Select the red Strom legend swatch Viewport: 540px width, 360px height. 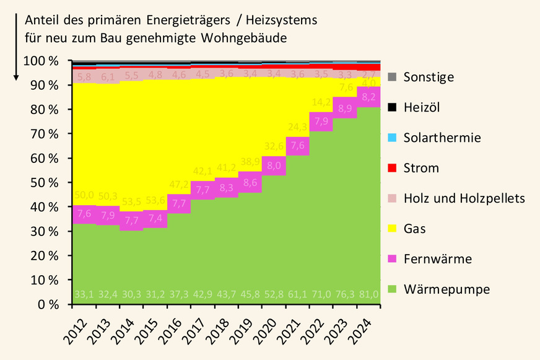[392, 168]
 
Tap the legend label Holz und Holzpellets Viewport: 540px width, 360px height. [464, 198]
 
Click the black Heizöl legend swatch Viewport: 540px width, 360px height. [392, 108]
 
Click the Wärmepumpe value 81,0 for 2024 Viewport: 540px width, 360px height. [368, 294]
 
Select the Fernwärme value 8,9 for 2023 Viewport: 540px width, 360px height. [344, 108]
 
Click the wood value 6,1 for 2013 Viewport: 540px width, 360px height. [107, 77]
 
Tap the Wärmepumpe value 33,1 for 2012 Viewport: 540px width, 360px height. [84, 294]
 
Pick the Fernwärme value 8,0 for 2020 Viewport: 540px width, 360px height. [273, 165]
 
